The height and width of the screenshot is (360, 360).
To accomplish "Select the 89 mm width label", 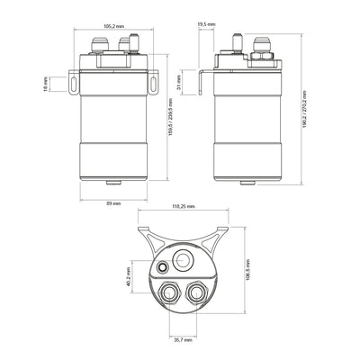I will coord(112,204).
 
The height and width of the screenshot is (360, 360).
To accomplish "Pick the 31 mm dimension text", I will coord(180,84).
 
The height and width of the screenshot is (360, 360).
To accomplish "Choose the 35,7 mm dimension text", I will coord(182,340).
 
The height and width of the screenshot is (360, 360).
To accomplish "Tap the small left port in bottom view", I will coord(162,268).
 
